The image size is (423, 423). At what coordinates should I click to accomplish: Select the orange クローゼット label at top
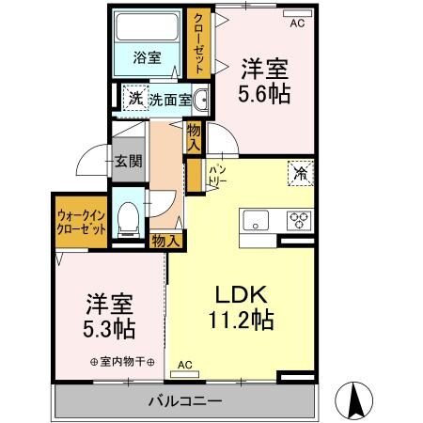pos(198,41)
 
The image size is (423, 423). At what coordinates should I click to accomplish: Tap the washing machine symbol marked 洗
pos(134,98)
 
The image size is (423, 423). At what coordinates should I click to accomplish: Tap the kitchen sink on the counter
pos(257,221)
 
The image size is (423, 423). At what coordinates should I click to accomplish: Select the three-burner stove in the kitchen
pos(299,221)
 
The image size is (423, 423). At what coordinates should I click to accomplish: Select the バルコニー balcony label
pos(184,401)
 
